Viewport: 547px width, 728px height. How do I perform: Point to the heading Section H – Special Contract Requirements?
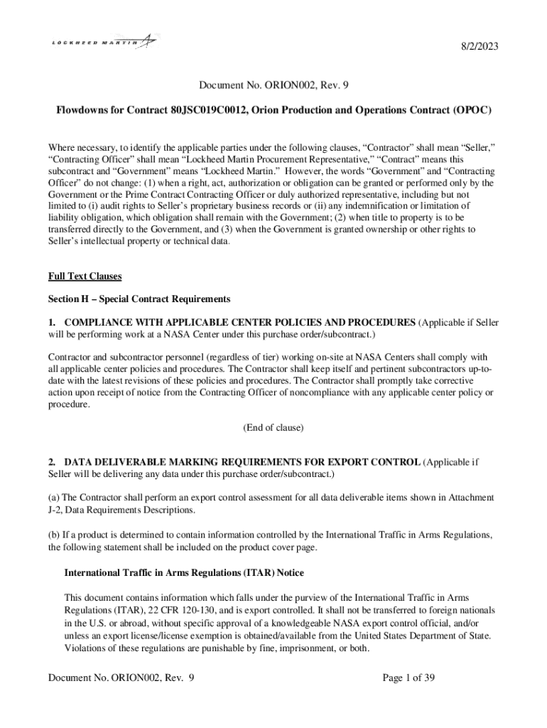pyautogui.click(x=139, y=298)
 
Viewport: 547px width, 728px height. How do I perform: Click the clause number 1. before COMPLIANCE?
pyautogui.click(x=53, y=323)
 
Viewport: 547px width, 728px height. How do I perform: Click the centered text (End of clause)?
pyautogui.click(x=273, y=427)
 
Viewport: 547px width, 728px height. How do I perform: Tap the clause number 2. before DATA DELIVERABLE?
pyautogui.click(x=53, y=462)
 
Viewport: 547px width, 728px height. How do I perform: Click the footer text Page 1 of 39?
pyautogui.click(x=408, y=678)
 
